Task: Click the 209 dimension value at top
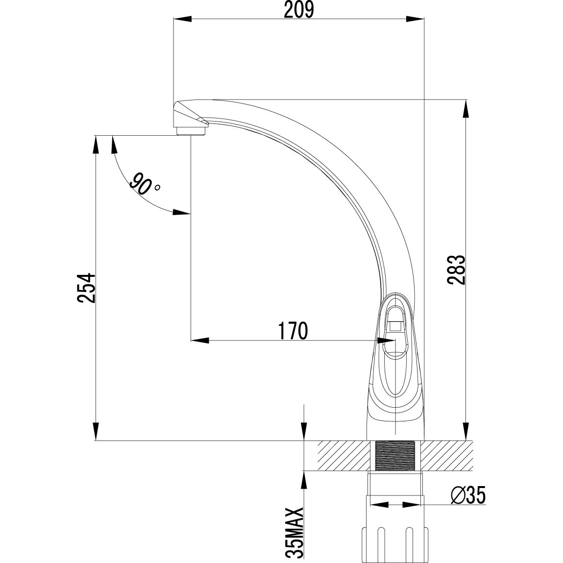coord(298,10)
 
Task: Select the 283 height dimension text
coord(455,269)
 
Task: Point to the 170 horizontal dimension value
coord(294,331)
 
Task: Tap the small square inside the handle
coord(395,324)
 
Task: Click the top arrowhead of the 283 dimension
coord(465,109)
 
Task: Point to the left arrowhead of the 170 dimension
coord(199,340)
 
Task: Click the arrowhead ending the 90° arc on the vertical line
coord(182,212)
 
